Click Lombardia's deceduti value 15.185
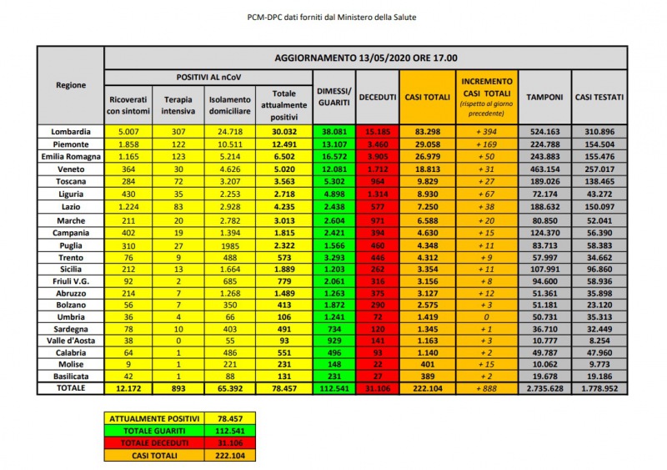coord(377,131)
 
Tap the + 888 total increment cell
coord(484,389)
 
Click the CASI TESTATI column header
coord(599,98)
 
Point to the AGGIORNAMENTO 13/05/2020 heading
coord(365,58)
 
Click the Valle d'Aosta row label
coord(70,341)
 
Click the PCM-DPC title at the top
coord(333,16)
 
